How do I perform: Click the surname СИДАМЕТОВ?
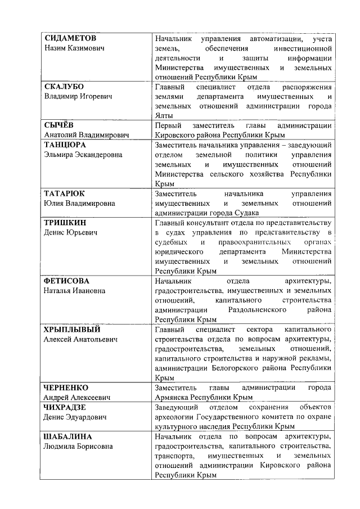point(70,38)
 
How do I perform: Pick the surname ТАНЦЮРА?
point(65,145)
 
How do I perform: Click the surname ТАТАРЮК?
point(65,193)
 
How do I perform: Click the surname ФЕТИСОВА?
point(67,281)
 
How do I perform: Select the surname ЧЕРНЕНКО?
point(66,388)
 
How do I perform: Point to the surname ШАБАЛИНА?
point(68,436)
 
